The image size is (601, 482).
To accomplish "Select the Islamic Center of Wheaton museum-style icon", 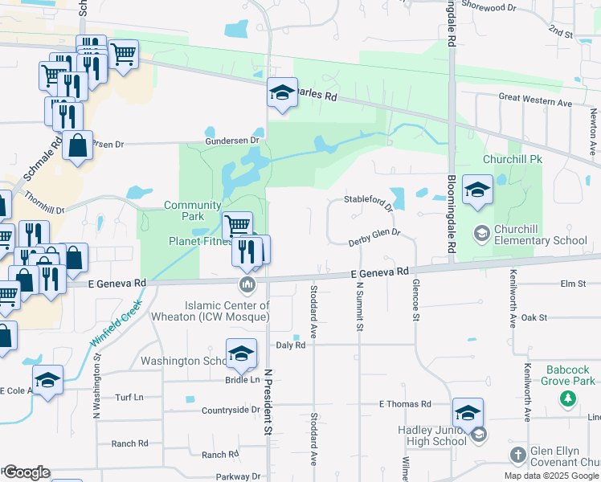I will (247, 285).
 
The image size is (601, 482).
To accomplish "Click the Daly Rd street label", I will (291, 345).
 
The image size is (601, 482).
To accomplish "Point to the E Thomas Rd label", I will (405, 404).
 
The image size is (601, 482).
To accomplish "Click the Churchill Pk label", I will (513, 159).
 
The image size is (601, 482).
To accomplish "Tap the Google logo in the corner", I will (26, 472).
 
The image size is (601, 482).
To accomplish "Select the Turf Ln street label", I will (129, 398).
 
